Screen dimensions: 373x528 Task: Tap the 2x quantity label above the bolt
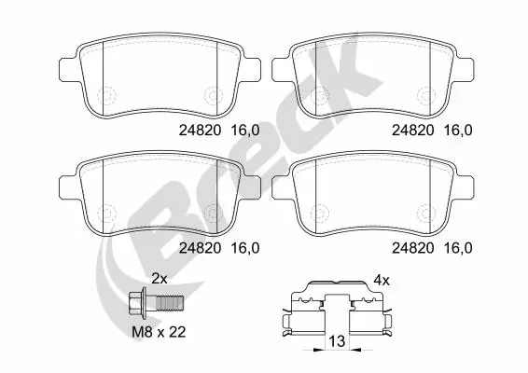159,278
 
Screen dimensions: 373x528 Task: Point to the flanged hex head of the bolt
136,304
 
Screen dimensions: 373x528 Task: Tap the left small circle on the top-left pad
104,92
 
